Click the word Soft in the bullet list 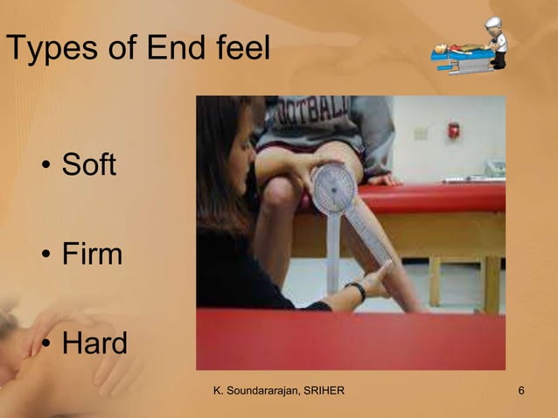click(x=88, y=165)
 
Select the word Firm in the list click(x=92, y=254)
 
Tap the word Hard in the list click(x=94, y=344)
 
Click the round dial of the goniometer click(x=334, y=187)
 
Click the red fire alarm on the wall click(x=453, y=130)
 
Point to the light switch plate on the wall click(x=421, y=134)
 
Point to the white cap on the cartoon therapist click(x=494, y=23)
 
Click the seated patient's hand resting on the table click(x=381, y=178)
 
